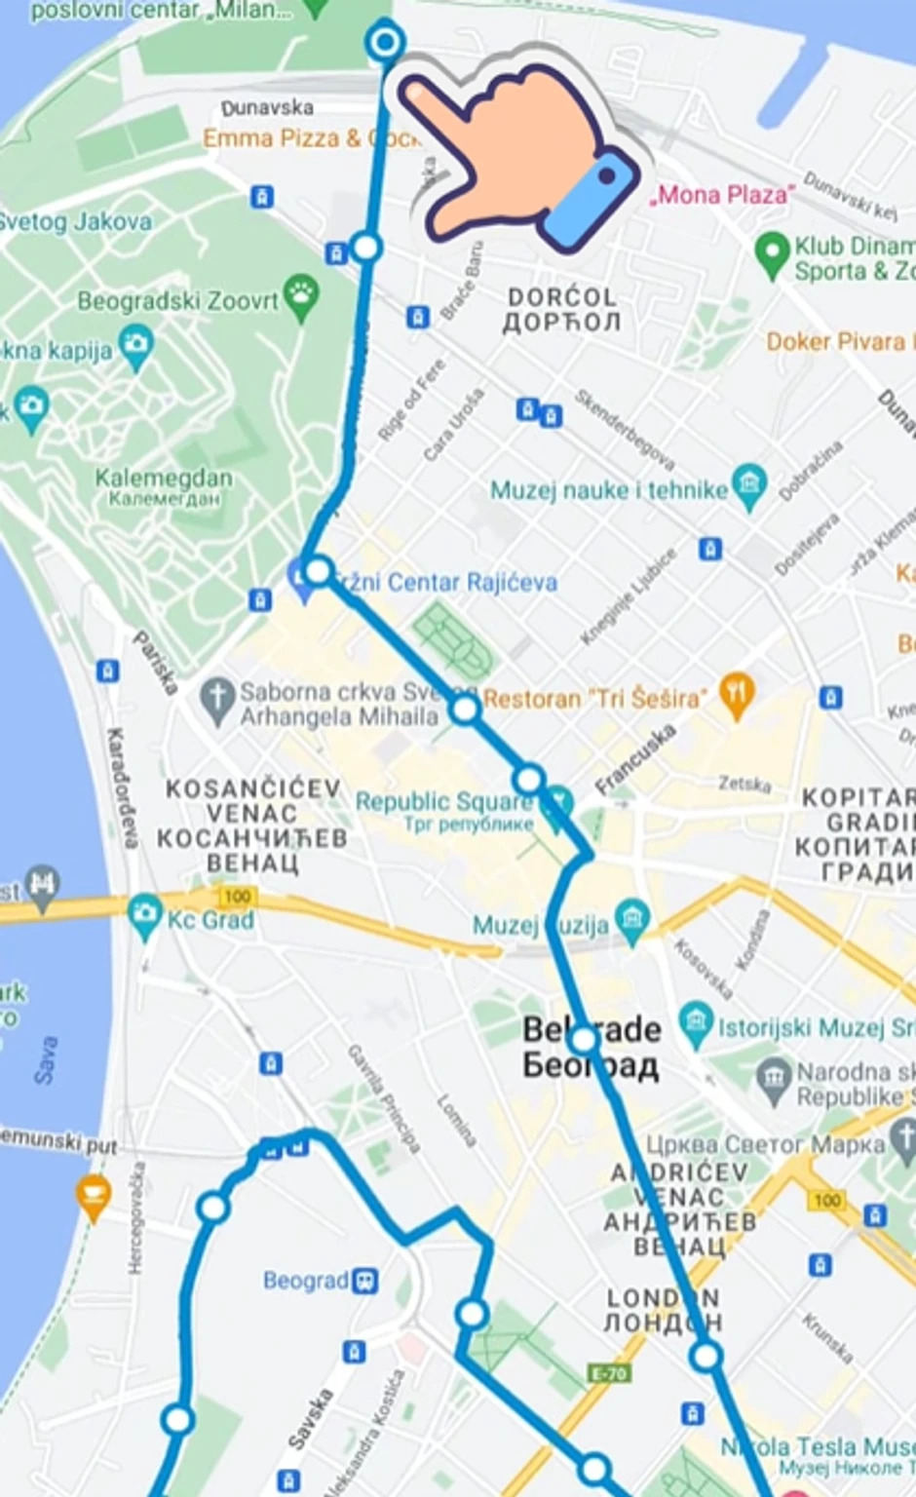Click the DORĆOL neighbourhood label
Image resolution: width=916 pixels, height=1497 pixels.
[x=561, y=309]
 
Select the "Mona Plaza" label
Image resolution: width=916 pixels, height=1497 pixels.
[x=722, y=195]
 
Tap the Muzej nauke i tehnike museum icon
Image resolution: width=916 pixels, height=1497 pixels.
[x=748, y=486]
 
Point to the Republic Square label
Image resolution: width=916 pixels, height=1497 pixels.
[x=443, y=801]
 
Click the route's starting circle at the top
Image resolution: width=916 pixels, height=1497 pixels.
[x=386, y=42]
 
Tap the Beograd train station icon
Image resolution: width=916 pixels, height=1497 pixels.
[x=365, y=1280]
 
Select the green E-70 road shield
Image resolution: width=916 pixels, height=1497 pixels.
[x=609, y=1374]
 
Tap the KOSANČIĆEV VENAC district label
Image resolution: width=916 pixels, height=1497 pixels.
[x=251, y=825]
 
